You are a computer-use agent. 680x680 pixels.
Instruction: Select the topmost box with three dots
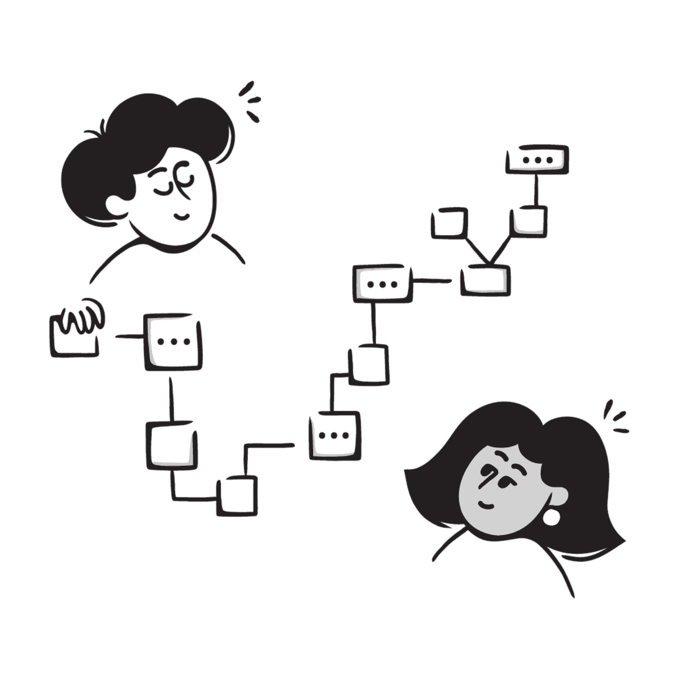tap(537, 160)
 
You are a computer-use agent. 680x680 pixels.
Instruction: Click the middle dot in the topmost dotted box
tap(537, 160)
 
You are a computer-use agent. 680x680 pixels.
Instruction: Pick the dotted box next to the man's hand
tap(173, 341)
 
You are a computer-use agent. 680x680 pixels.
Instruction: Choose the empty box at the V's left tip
tap(450, 222)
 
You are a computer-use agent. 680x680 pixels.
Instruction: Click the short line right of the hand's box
tap(129, 337)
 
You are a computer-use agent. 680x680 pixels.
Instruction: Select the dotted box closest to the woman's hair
tap(335, 436)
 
